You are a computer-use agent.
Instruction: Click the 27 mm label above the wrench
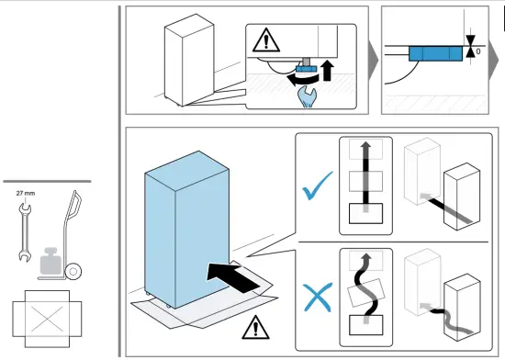point(26,194)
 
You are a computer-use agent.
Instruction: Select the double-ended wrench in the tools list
point(25,231)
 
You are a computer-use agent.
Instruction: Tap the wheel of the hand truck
point(73,272)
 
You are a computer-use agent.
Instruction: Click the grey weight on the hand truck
point(50,261)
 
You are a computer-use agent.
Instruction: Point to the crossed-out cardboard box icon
point(47,319)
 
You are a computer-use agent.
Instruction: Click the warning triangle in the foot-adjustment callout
point(266,40)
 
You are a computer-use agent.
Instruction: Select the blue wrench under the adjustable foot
point(308,97)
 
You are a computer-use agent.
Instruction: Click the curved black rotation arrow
point(303,79)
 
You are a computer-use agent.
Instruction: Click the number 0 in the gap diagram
point(478,51)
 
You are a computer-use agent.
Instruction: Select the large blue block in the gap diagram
point(436,54)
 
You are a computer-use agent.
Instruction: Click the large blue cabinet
point(186,230)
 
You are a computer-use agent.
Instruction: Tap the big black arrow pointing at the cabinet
point(233,277)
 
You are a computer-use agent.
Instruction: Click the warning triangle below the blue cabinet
point(256,328)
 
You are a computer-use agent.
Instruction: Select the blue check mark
point(318,186)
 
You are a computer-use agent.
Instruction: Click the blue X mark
point(318,298)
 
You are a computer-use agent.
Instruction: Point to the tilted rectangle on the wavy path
point(365,293)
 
